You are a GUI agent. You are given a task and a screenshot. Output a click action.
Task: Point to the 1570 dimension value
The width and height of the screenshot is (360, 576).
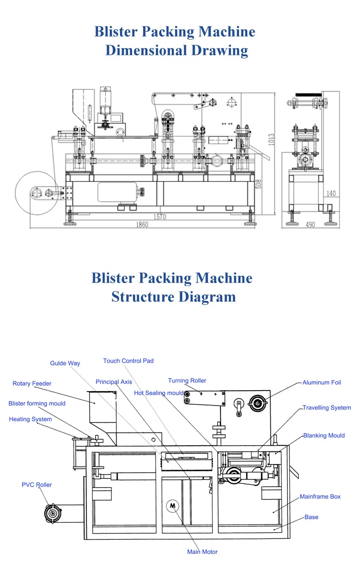point(160,217)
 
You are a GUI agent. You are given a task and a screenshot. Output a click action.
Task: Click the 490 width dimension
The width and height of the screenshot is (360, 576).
point(310,225)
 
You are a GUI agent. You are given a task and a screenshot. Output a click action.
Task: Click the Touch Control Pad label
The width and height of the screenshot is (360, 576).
point(128,361)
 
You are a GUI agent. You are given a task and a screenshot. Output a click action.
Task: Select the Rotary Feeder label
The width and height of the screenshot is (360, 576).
point(32,383)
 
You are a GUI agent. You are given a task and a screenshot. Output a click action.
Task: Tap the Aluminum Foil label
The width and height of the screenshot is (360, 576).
point(322,382)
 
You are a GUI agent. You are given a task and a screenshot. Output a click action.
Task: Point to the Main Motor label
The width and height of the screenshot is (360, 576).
point(202,551)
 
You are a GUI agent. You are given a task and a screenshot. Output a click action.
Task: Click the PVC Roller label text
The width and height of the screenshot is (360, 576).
point(36,485)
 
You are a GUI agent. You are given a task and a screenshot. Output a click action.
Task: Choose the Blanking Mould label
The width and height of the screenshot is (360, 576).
point(324,435)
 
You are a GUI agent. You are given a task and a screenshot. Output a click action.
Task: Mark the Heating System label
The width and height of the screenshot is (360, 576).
point(30,419)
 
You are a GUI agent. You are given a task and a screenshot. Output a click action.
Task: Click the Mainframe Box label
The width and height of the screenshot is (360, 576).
point(320,496)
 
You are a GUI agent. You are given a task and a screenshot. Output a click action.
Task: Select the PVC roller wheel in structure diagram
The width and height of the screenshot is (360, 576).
point(52,513)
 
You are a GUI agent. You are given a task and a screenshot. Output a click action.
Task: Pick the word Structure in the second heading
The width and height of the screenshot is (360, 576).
point(143,296)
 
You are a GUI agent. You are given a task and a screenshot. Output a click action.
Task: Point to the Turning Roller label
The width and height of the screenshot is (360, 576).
point(187,380)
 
